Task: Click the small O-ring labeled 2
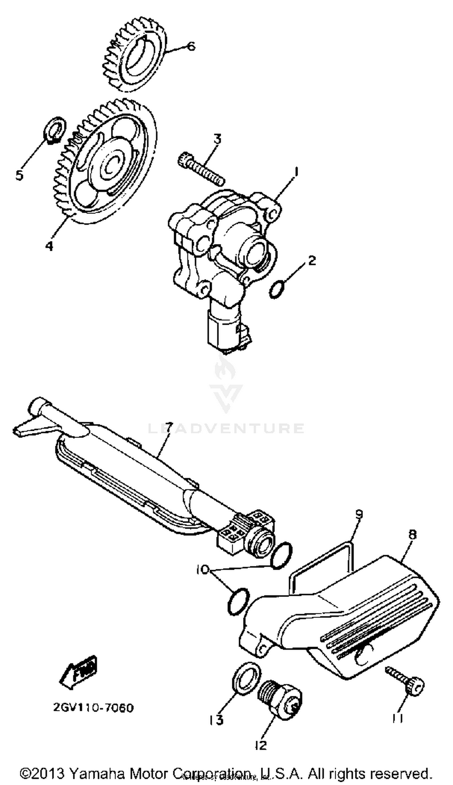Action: [277, 290]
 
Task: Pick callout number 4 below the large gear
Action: [49, 246]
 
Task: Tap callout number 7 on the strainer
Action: [168, 429]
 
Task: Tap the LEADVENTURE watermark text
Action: [226, 428]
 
